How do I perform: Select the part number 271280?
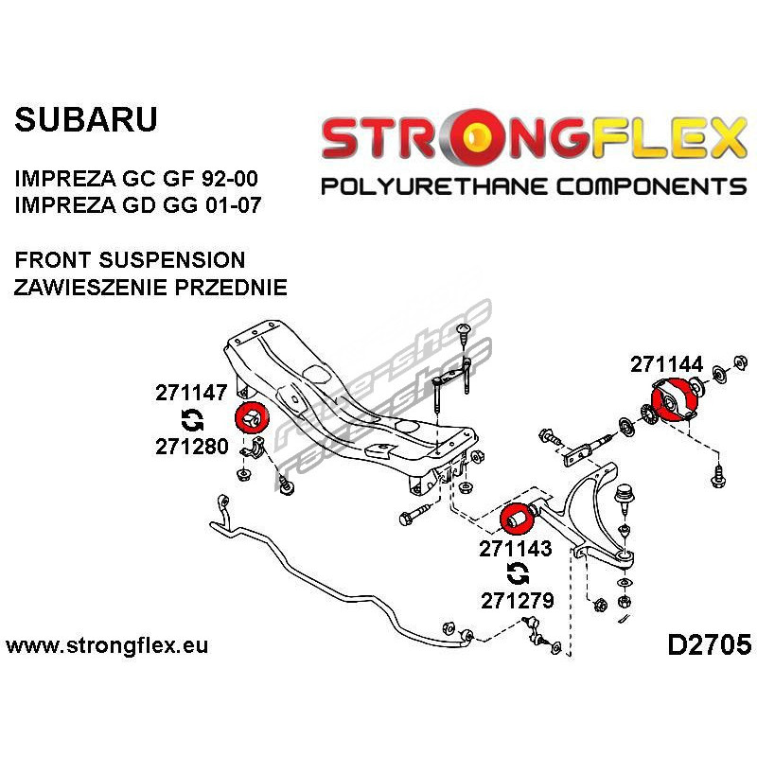pyautogui.click(x=192, y=447)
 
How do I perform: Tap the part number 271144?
pyautogui.click(x=666, y=363)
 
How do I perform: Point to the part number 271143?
pyautogui.click(x=516, y=547)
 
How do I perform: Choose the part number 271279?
pyautogui.click(x=516, y=599)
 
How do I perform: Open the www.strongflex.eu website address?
pyautogui.click(x=107, y=646)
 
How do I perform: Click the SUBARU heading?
pyautogui.click(x=85, y=120)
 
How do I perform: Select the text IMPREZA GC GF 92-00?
pyautogui.click(x=136, y=177)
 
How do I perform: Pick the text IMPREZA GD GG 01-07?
pyautogui.click(x=137, y=203)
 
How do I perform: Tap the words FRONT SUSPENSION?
pyautogui.click(x=130, y=260)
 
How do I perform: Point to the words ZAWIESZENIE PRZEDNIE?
pyautogui.click(x=150, y=287)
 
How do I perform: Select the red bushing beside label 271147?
pyautogui.click(x=252, y=416)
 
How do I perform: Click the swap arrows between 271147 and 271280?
pyautogui.click(x=190, y=420)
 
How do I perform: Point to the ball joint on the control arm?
pyautogui.click(x=624, y=494)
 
